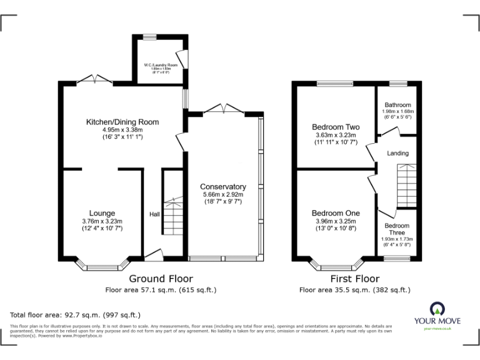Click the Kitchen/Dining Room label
point(122,122)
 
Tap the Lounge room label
point(102,213)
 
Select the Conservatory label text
point(223,187)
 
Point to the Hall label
point(154,214)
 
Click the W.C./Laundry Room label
point(161,65)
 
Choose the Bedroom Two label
point(336,127)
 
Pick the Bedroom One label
point(336,212)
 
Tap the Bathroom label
point(397,105)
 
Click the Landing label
point(397,153)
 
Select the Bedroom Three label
point(397,229)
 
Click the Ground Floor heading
point(161,279)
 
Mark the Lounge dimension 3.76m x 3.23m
point(102,221)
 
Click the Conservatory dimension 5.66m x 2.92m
point(223,195)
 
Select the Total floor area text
point(76,315)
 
